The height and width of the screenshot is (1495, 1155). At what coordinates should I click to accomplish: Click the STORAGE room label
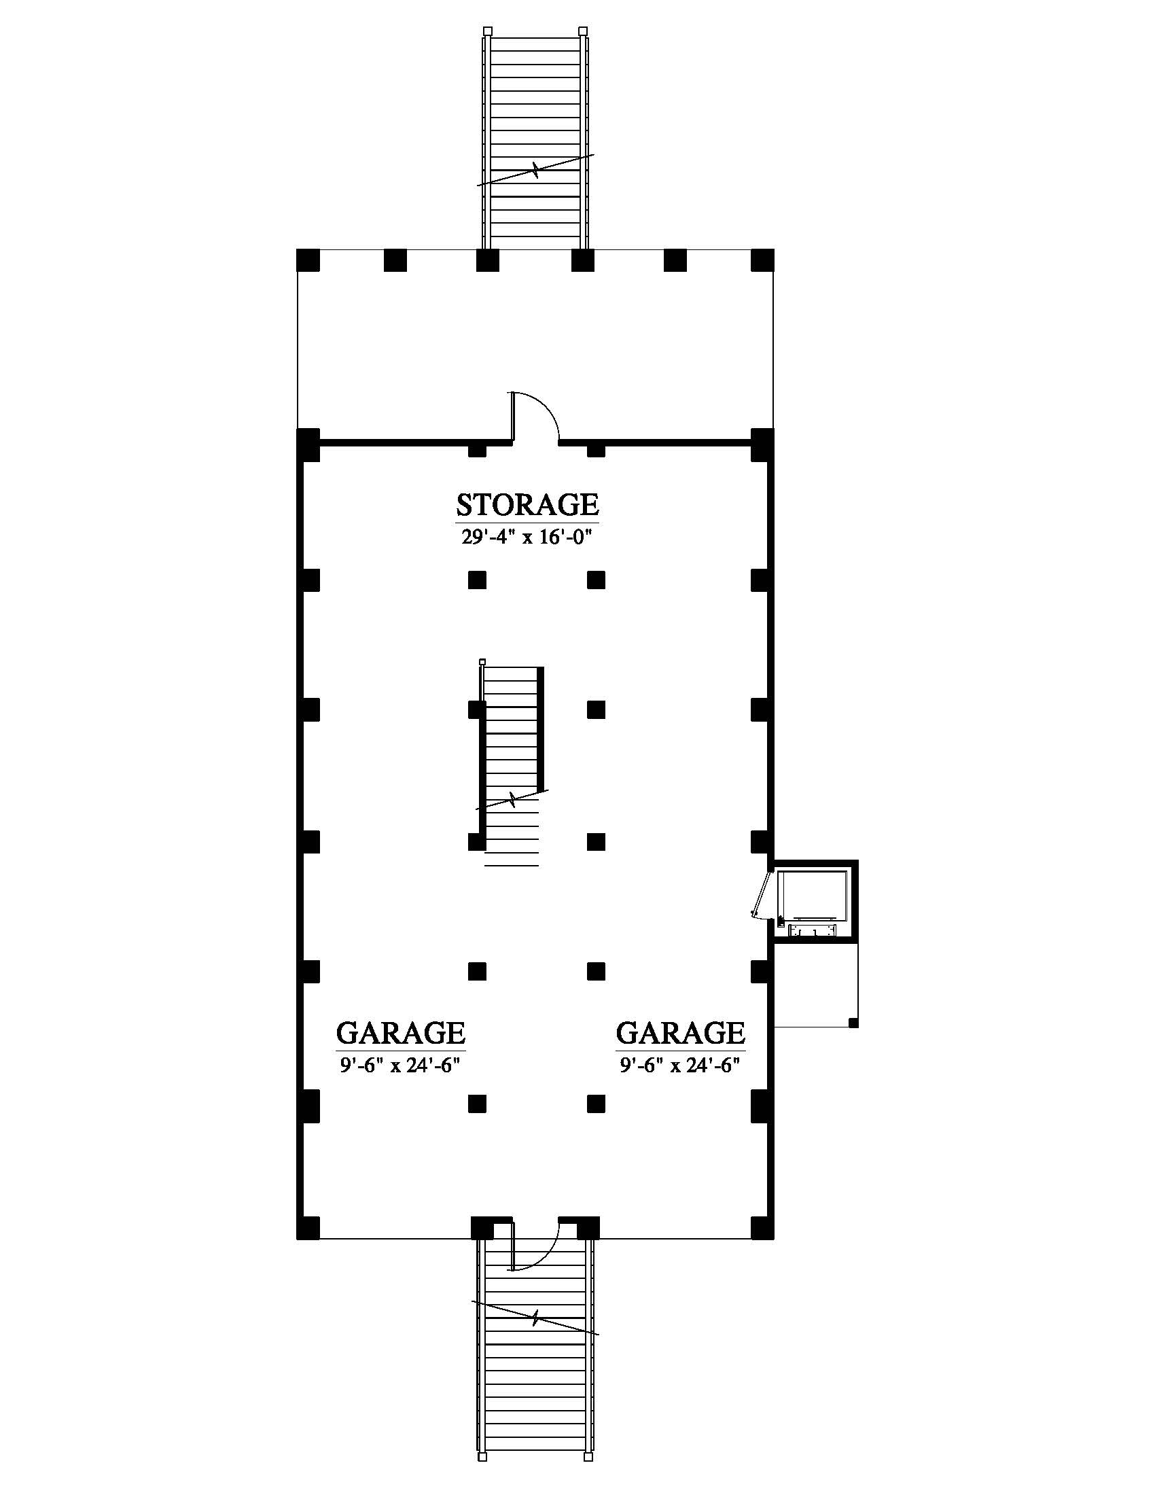pos(527,504)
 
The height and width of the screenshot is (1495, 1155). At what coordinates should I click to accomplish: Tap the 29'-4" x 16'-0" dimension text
pos(526,537)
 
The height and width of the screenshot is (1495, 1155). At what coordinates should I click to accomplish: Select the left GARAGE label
pos(401,1032)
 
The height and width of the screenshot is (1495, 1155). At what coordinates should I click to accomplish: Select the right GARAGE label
pos(681,1032)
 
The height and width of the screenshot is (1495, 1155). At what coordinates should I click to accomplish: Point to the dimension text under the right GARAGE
pos(681,1065)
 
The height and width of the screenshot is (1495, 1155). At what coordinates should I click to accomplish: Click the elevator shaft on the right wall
pos(815,902)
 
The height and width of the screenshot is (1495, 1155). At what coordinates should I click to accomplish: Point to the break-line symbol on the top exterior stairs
pos(536,170)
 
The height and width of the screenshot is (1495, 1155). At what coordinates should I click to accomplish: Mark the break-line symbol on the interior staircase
pos(512,799)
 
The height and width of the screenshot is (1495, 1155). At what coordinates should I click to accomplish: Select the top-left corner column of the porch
pos(308,260)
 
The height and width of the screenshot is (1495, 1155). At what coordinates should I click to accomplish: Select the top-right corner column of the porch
pos(762,260)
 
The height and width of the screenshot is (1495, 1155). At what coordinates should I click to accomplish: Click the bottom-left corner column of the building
pos(308,1228)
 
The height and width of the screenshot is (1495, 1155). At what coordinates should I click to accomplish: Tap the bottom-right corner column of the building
pos(762,1228)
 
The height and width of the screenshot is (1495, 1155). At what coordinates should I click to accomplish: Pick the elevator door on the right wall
pos(761,894)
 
